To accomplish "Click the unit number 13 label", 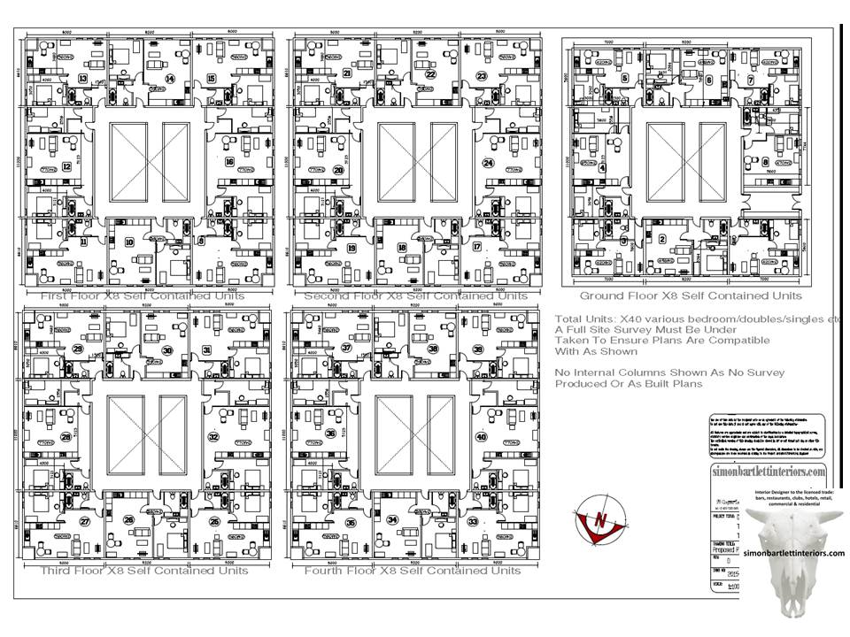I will (82, 79).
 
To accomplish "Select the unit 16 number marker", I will (228, 162).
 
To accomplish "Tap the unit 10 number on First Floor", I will (129, 242).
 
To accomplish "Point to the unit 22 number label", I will (429, 75).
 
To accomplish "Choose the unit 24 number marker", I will (486, 164).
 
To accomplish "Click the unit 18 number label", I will (402, 248).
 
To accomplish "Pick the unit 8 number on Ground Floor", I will (765, 163).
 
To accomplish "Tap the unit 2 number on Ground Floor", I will (661, 239).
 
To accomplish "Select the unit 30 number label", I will (167, 350).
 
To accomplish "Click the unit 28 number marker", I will (66, 437).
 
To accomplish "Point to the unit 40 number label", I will (482, 437).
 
